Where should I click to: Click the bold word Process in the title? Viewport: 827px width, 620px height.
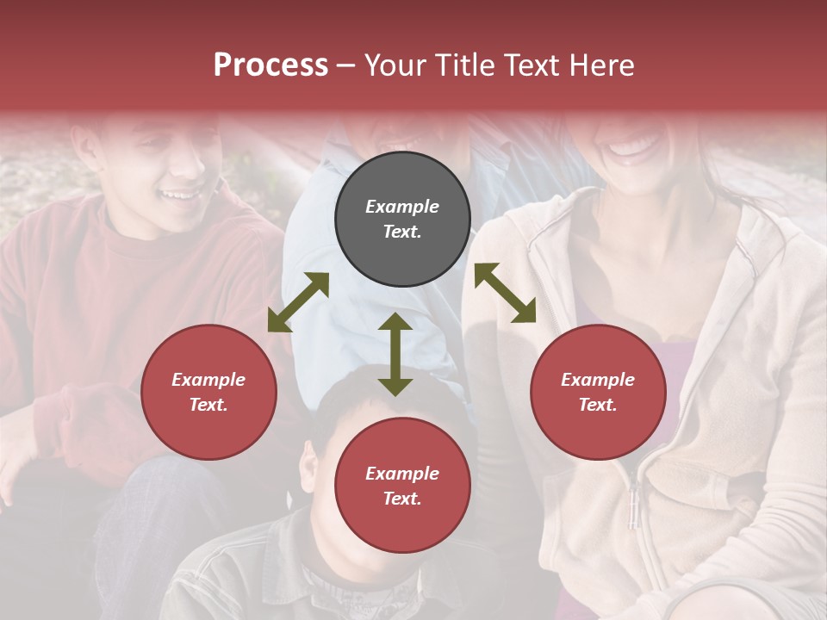point(270,65)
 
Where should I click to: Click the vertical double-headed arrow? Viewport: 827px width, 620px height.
point(395,354)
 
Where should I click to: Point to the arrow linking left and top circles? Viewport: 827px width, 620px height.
point(298,302)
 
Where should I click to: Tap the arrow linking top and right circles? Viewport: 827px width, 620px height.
point(505,293)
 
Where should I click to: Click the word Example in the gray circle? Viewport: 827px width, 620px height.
point(402,207)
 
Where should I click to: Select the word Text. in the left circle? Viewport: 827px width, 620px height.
point(208,405)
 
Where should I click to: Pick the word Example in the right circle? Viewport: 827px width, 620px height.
point(598,380)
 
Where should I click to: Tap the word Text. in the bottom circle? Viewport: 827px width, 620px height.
point(402,499)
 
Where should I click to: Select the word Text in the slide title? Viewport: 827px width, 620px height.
point(531,65)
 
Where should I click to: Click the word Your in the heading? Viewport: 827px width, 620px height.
point(392,65)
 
